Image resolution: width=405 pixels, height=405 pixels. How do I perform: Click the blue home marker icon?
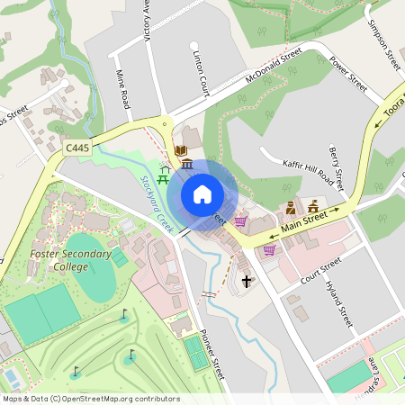(202, 194)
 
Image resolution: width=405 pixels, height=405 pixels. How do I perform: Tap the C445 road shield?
(76, 145)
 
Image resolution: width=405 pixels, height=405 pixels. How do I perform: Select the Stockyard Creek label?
(157, 202)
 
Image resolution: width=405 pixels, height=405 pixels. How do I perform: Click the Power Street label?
(348, 76)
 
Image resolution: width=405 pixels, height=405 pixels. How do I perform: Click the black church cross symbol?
(247, 283)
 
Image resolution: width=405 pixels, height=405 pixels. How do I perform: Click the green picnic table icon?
(165, 170)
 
